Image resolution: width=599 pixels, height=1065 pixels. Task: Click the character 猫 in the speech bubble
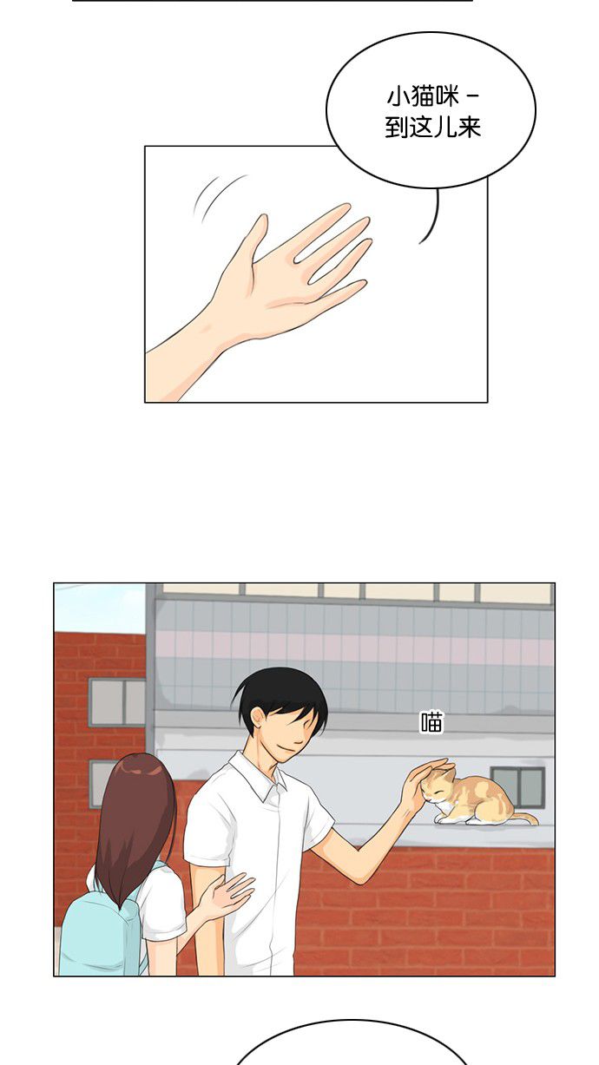(422, 97)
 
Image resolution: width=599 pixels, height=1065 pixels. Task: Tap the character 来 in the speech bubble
(469, 128)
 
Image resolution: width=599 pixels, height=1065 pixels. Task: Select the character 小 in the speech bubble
(398, 97)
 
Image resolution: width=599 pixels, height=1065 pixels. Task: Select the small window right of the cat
(518, 786)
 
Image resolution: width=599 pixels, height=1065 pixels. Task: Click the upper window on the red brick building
(117, 702)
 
